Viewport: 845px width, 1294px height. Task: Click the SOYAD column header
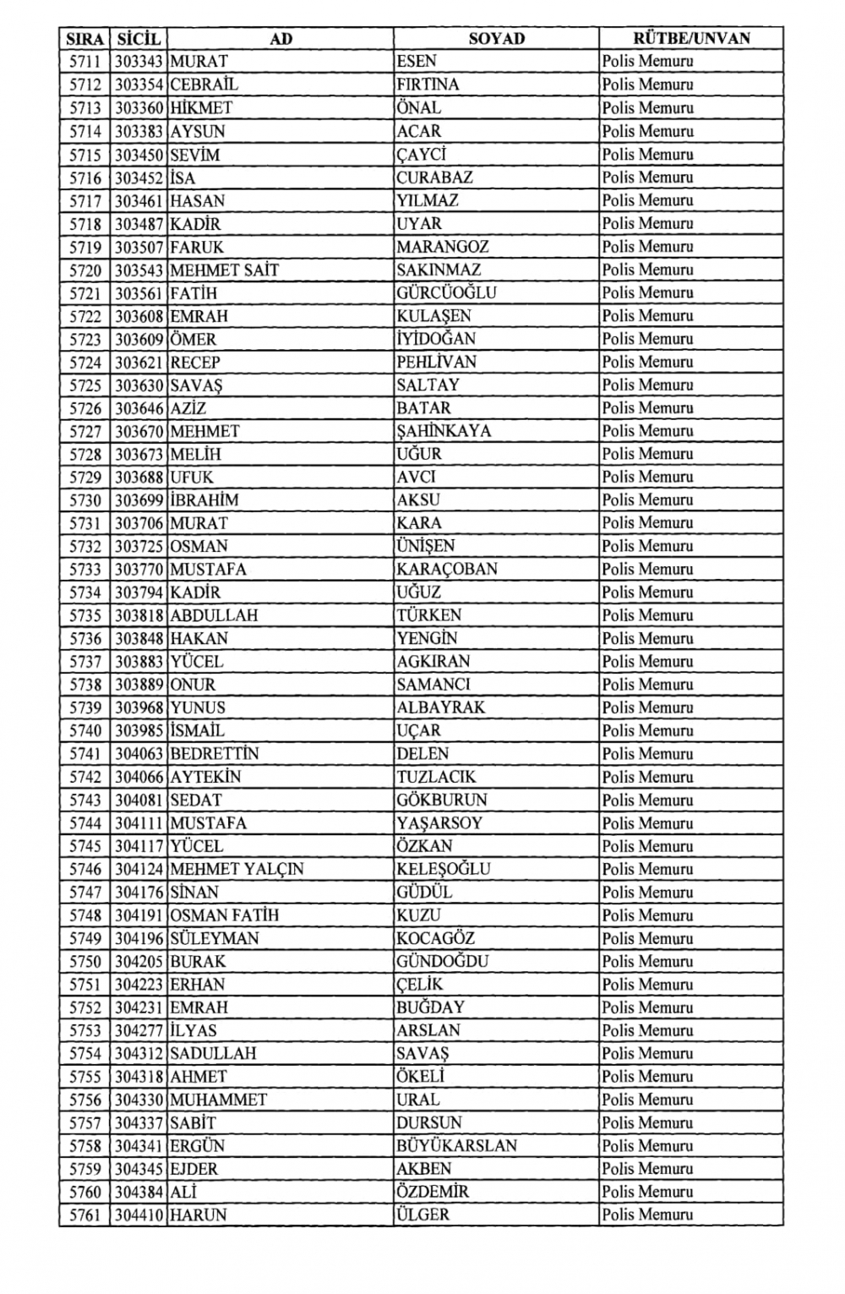point(496,38)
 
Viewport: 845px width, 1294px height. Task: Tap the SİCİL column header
point(139,38)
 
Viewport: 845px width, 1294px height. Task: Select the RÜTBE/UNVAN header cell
point(690,38)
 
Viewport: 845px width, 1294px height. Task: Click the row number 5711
point(84,62)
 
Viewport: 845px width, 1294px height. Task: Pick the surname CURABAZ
point(434,177)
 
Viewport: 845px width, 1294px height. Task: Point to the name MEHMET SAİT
point(224,270)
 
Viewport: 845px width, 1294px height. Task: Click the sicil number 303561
point(139,293)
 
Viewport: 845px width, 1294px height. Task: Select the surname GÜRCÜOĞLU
point(446,293)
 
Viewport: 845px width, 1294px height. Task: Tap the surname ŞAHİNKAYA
point(444,431)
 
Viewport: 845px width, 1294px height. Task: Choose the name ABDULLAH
point(214,615)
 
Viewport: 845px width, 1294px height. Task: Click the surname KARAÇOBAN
point(447,569)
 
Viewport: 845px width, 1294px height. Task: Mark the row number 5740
point(84,730)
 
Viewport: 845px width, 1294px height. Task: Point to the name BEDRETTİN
point(215,754)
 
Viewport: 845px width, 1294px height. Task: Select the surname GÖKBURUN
point(442,800)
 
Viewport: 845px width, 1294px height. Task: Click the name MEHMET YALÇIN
point(237,869)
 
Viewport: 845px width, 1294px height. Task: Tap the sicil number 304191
point(139,915)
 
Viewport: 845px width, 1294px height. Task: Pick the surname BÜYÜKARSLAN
point(456,1146)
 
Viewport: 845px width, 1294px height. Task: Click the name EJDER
point(194,1169)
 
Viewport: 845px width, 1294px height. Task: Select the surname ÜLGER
point(422,1215)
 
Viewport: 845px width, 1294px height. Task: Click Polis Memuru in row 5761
point(647,1215)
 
